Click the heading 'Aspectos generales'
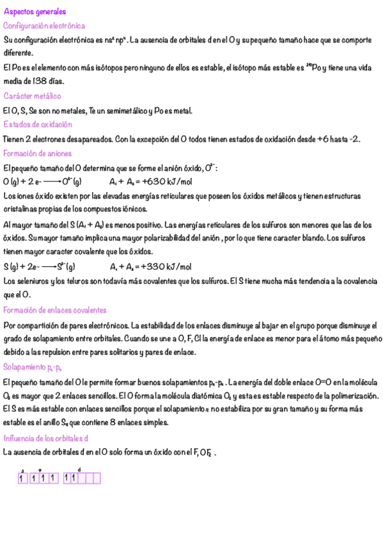point(35,12)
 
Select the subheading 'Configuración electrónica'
point(44,26)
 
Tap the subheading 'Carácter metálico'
point(32,96)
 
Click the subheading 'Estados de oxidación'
point(38,124)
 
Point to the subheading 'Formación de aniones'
point(37,153)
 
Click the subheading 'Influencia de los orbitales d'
point(46,438)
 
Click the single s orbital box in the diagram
point(22,478)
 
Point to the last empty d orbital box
point(97,478)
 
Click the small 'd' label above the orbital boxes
point(79,469)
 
